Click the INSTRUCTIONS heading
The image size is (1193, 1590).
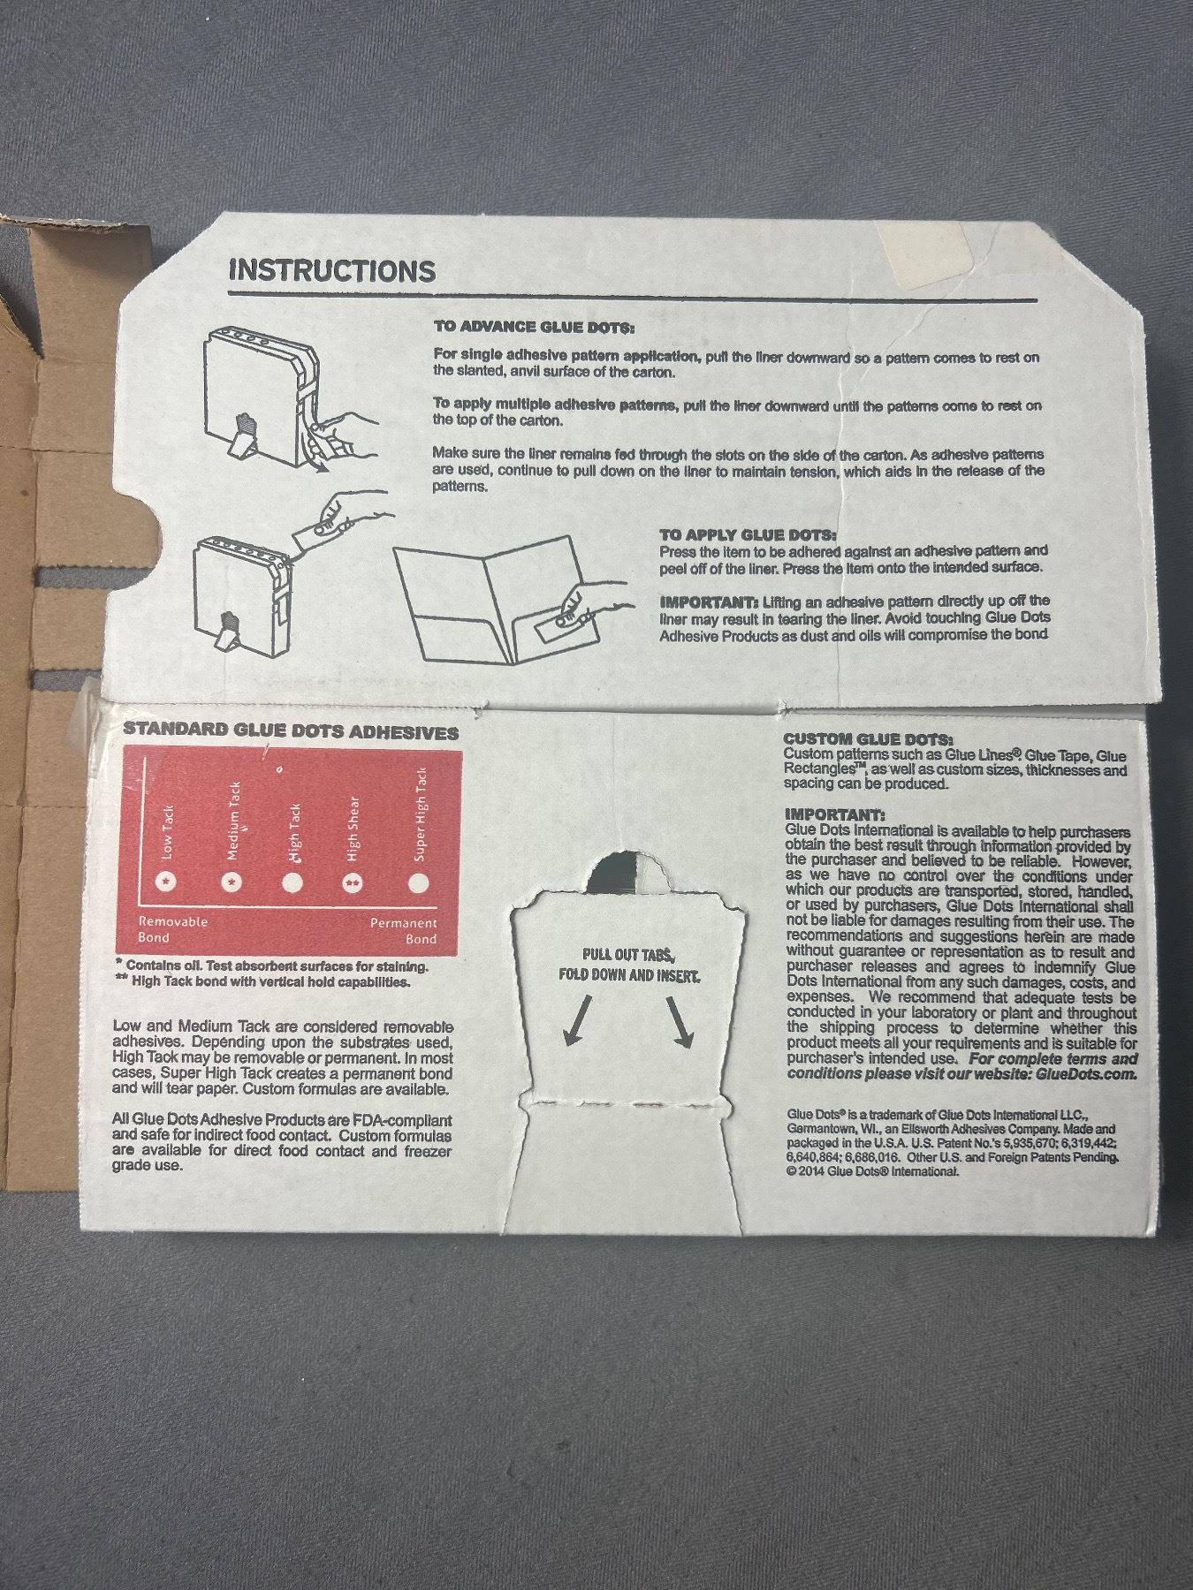(332, 270)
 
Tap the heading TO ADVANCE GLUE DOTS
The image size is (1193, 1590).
(534, 327)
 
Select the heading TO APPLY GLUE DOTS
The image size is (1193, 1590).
(748, 535)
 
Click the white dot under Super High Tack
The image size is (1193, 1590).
(420, 882)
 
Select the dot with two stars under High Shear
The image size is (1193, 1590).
(353, 882)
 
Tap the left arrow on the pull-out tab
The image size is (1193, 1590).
(576, 1021)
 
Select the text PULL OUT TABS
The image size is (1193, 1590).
(629, 955)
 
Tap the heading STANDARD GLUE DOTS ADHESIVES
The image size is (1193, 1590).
(291, 732)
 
